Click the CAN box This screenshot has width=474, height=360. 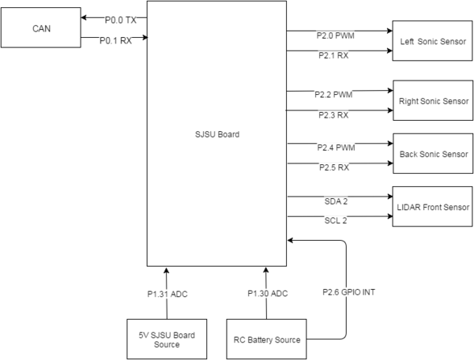pos(41,28)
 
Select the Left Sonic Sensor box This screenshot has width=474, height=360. pos(432,41)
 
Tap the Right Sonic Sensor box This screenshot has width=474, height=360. pos(433,100)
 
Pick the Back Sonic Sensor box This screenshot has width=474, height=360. pos(433,153)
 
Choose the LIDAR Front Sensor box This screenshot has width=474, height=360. pos(433,207)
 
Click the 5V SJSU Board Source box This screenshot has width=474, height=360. pos(167,339)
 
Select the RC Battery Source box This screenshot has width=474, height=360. pos(266,339)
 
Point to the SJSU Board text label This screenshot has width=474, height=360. pos(217,134)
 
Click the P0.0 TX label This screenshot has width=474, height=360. pos(121,21)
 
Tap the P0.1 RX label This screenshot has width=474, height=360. pos(116,40)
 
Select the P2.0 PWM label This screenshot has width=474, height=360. pos(336,36)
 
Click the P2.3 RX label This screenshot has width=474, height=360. pos(333,115)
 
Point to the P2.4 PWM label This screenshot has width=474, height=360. pos(337,148)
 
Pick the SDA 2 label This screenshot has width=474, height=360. pos(336,201)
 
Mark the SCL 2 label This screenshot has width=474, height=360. pos(336,220)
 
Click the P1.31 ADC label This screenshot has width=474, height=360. pos(167,294)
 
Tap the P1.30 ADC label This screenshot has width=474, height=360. pos(268,294)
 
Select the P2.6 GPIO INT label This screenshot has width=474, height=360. pos(349,292)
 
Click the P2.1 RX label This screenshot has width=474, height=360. pos(333,55)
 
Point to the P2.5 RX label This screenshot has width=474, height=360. pos(334,167)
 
